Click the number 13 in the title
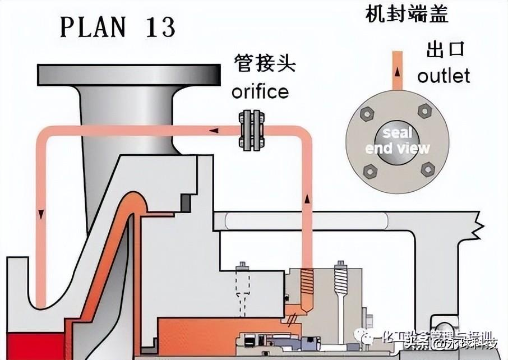coord(159,27)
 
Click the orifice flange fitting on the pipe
coord(252,131)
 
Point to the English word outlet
coord(444,75)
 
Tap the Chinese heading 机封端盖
coord(407,14)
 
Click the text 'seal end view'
coord(397,141)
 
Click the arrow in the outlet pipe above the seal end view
coord(397,73)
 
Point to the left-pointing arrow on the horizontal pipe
coord(214,131)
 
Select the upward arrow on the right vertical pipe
coord(306,199)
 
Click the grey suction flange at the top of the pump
coord(127,73)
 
